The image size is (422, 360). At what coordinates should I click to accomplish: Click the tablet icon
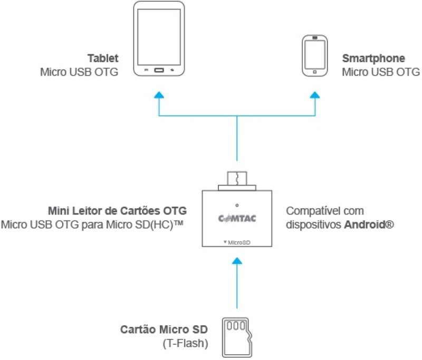159,38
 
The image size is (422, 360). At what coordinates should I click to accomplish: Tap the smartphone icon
315,56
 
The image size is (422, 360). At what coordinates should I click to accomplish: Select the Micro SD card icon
237,337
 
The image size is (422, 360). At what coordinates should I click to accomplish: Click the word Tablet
103,58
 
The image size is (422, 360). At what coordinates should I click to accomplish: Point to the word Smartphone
373,58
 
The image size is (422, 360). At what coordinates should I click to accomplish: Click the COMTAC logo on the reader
237,218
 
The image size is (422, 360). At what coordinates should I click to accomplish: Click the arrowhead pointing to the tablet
159,95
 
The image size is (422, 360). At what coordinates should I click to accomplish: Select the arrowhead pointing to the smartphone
315,95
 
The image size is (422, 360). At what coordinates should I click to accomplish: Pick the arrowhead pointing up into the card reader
237,260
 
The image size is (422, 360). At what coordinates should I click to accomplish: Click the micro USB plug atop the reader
237,181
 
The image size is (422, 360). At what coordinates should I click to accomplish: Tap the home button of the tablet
159,70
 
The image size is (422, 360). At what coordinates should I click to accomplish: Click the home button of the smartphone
314,72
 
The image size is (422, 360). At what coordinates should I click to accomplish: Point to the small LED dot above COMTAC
237,205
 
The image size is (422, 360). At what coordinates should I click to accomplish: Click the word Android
366,224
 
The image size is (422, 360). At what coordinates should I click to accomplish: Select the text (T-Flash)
186,343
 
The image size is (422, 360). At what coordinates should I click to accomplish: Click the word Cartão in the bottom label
137,329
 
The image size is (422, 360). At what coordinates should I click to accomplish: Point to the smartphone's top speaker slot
315,37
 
